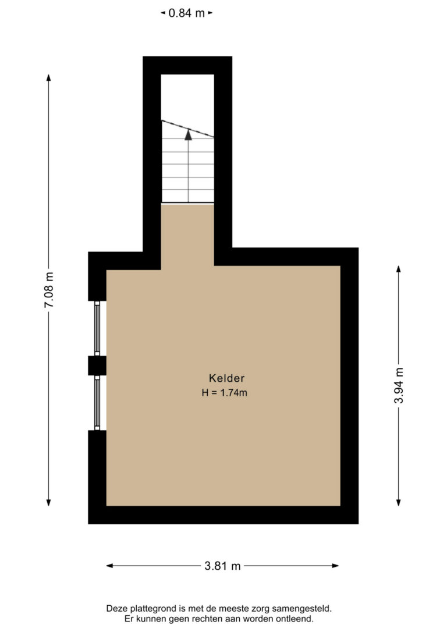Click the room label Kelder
(226, 378)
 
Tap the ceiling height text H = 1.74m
(225, 393)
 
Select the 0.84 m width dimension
(187, 13)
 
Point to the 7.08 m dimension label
(49, 290)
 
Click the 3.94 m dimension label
(399, 385)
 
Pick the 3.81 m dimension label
(222, 566)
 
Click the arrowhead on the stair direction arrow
(188, 134)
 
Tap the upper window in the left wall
(97, 328)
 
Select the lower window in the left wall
(97, 403)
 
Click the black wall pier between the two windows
(97, 365)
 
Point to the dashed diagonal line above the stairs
(187, 129)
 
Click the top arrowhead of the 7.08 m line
(48, 78)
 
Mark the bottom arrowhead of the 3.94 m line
(398, 502)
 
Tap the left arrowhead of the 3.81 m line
(109, 566)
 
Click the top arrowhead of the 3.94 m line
(398, 269)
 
